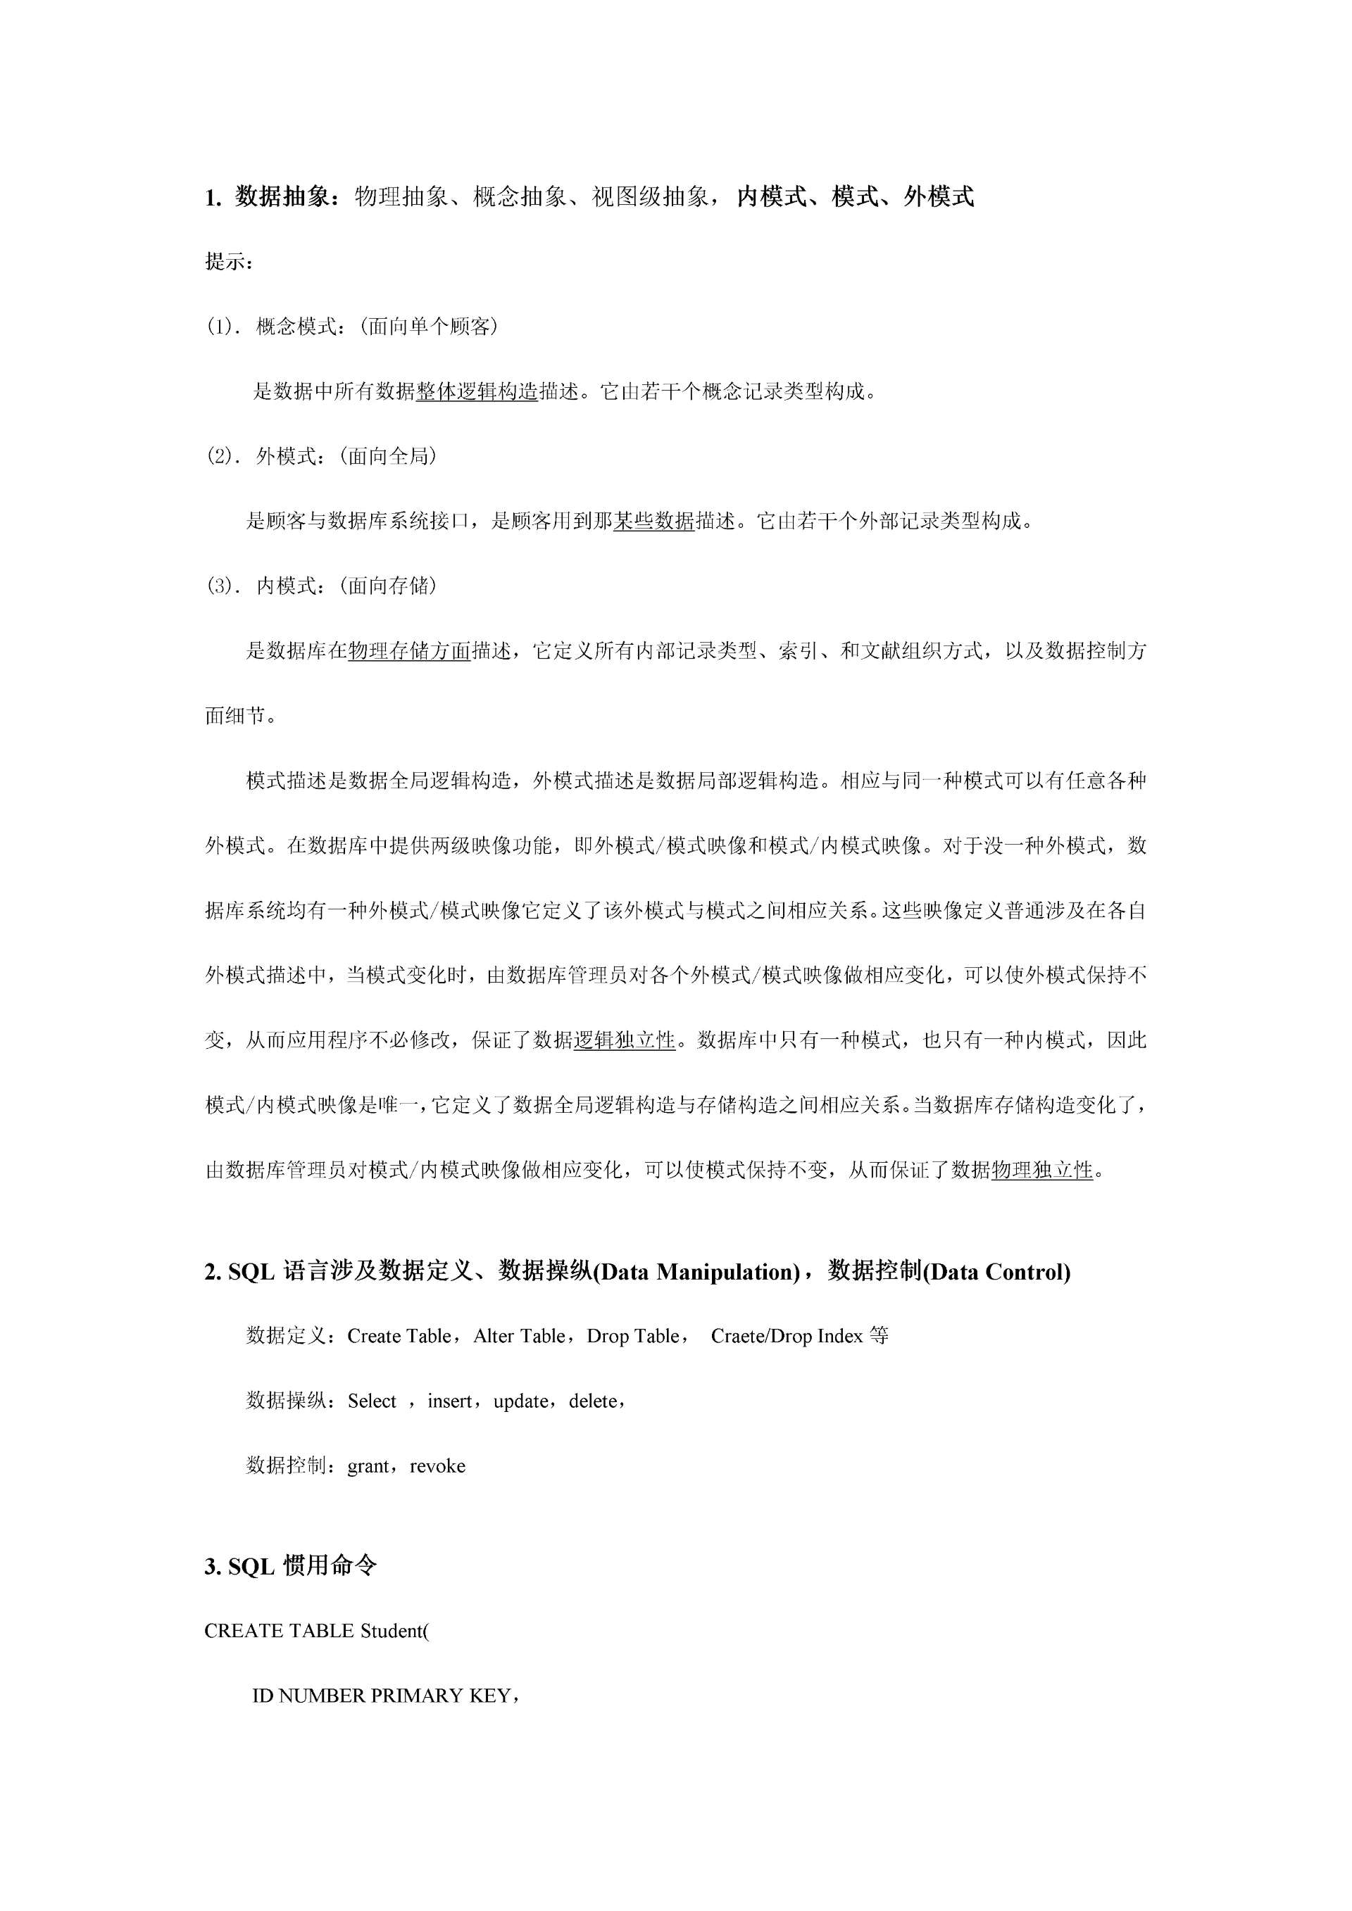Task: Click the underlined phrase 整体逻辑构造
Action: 477,391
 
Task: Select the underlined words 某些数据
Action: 653,522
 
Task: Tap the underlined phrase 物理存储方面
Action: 410,652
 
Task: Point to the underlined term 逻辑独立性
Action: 625,1040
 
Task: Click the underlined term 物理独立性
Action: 1041,1171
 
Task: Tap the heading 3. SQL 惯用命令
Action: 291,1566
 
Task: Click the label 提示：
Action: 228,262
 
